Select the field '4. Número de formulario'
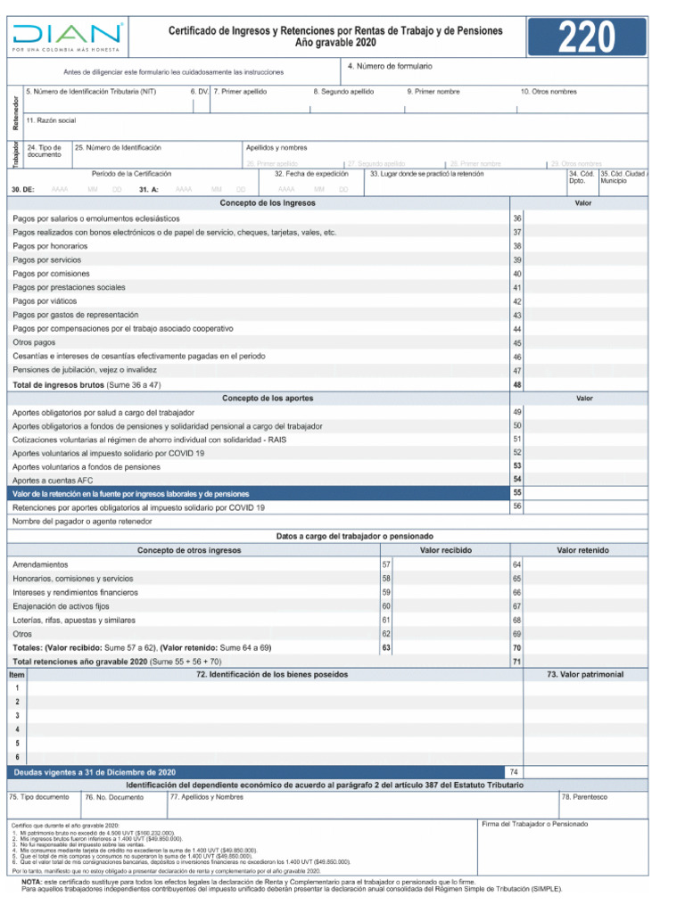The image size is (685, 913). [x=390, y=67]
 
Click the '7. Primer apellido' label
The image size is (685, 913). [x=240, y=91]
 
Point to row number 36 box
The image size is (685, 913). [x=517, y=218]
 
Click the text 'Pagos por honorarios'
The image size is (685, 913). [x=50, y=246]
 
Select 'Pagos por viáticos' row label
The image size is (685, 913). [x=46, y=301]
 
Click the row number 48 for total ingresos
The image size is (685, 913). [x=517, y=385]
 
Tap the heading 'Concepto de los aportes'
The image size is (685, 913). [x=268, y=398]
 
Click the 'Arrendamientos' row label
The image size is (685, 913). [x=40, y=565]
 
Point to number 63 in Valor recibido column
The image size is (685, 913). [x=386, y=647]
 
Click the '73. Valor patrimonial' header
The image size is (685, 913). [x=585, y=674]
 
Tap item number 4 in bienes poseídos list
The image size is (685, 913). [x=17, y=729]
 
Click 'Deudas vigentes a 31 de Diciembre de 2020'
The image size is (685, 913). [x=95, y=771]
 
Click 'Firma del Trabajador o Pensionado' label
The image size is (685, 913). [x=534, y=824]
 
